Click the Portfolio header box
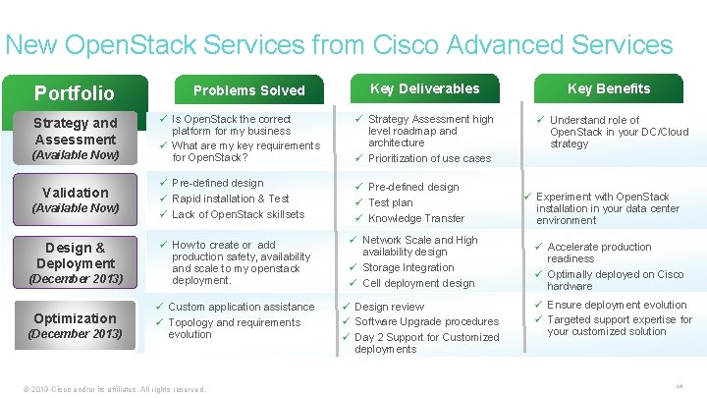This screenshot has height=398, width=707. point(75,93)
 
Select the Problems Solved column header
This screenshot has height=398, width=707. point(249,90)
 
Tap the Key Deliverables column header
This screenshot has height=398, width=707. point(424,88)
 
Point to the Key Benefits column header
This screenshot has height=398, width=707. point(609,88)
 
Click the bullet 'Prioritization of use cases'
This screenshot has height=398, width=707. point(429,158)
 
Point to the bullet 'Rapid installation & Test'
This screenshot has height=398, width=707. point(231,199)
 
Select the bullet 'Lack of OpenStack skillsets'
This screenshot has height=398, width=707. point(239,214)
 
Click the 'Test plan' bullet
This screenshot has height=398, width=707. point(391,202)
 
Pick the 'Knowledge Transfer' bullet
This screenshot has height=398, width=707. point(416,218)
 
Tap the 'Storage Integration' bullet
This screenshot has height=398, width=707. point(408,267)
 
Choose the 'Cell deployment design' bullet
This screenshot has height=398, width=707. point(418,283)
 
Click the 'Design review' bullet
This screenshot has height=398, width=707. point(390,307)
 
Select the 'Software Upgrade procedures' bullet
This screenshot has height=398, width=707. point(426,321)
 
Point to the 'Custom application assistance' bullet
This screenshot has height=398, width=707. point(242,307)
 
